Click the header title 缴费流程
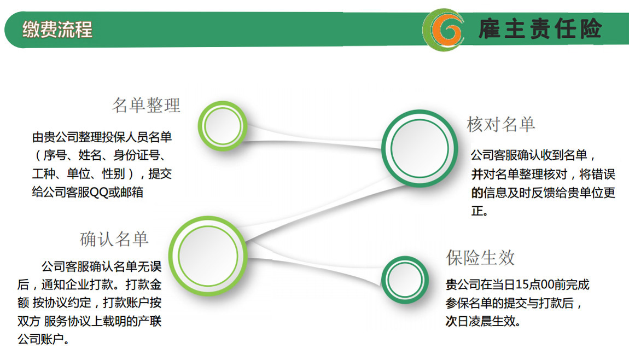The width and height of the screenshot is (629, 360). pos(57,30)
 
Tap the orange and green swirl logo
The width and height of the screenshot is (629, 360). pos(443,30)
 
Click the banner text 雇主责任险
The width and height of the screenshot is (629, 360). pos(540,29)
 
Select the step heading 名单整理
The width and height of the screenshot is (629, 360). pos(146,106)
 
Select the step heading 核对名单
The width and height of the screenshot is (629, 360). pos(500,124)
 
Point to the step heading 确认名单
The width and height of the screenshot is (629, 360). pos(114,239)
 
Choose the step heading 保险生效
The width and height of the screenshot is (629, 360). pos(480,258)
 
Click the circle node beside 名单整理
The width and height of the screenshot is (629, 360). pos(222,126)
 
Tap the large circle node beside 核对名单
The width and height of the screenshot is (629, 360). pos(419,148)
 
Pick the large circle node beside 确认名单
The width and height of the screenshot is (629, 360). pos(208,256)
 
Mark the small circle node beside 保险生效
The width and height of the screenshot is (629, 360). pos(405,280)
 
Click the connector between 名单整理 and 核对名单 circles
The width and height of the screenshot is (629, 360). pos(313,139)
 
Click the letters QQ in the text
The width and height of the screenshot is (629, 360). pos(98,192)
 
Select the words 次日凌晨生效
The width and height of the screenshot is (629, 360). pos(481,321)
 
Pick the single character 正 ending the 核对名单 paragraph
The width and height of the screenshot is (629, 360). pos(477,211)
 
